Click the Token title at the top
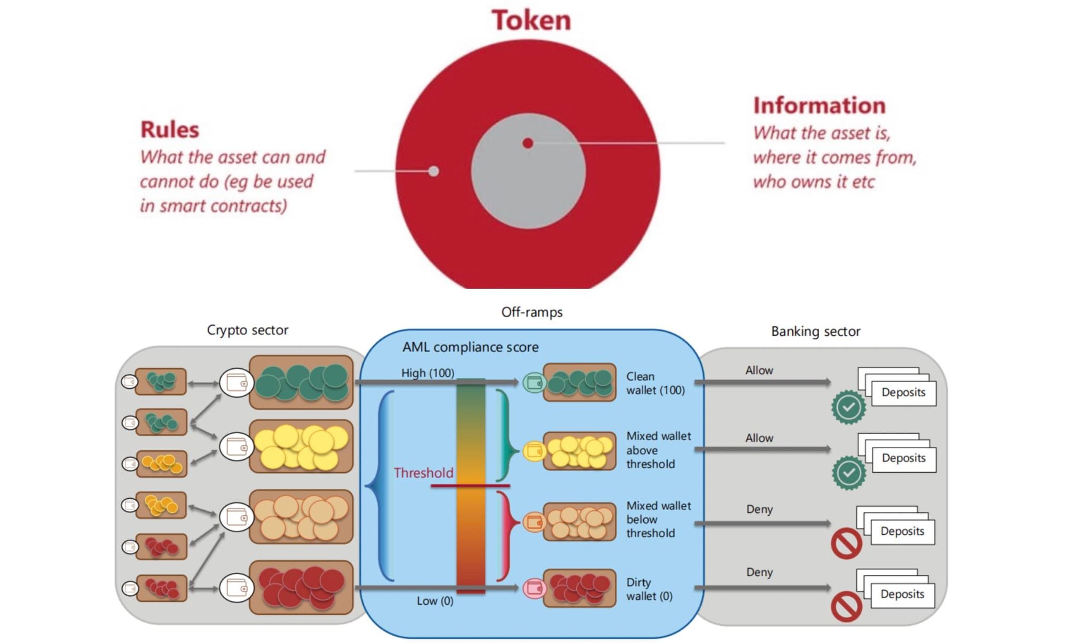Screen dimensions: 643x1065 pos(531,20)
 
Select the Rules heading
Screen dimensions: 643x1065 pos(169,129)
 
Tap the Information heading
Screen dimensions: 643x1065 pos(819,105)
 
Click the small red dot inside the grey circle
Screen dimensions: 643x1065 pos(528,143)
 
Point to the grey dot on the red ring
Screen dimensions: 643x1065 pos(433,171)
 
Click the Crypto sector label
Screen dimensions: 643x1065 pos(248,330)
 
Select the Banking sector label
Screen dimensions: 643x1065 pos(815,331)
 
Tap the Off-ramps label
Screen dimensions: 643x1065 pos(531,312)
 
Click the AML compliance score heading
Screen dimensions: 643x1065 pos(470,347)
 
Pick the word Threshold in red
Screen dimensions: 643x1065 pos(423,473)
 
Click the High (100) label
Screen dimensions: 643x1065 pos(428,373)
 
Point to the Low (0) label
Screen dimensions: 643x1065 pos(435,600)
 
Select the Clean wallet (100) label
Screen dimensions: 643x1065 pos(655,383)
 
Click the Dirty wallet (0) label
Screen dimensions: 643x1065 pos(649,589)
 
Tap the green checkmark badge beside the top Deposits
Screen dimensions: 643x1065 pos(848,407)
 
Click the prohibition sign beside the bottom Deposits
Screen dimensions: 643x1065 pos(847,606)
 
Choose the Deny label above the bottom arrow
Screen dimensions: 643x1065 pos(759,572)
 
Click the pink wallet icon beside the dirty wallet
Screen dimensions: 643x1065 pos(534,588)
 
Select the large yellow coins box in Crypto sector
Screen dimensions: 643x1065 pos(301,446)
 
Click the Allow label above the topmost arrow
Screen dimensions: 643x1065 pos(759,370)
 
